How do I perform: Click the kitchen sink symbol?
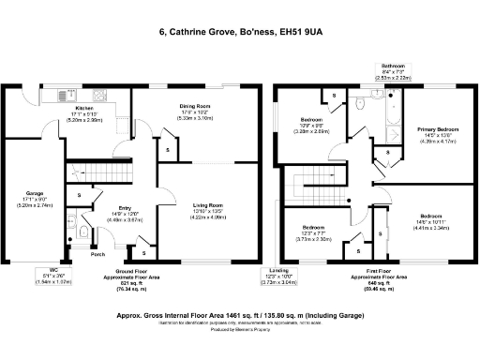68,95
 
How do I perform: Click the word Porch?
96,254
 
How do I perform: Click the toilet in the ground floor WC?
84,232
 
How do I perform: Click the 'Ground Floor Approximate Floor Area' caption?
124,277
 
